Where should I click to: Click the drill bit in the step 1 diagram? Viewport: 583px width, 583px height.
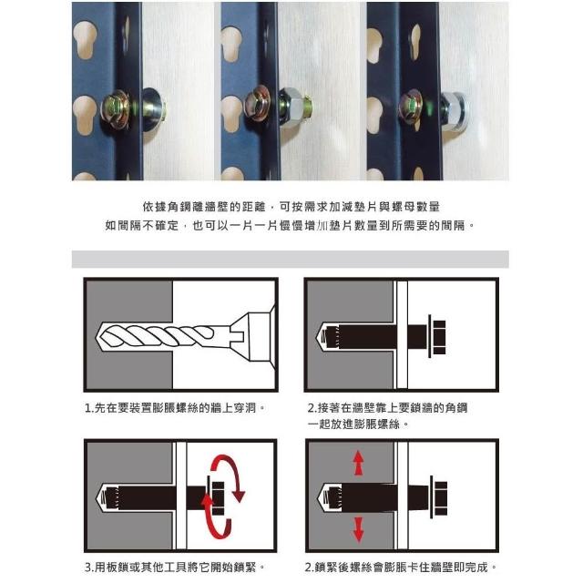[164, 336]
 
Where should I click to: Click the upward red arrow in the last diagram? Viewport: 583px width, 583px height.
[358, 463]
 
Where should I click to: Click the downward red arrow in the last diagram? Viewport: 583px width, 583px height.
[358, 528]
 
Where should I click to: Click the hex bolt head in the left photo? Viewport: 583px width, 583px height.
[116, 107]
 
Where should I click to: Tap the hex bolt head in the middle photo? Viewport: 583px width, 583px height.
[257, 103]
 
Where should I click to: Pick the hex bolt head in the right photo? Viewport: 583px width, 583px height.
[411, 106]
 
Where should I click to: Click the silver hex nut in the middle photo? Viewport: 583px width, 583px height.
[291, 107]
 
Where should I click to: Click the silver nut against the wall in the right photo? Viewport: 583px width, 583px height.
[453, 110]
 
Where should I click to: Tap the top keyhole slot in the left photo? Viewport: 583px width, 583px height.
[85, 39]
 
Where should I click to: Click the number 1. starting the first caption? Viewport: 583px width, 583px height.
[89, 408]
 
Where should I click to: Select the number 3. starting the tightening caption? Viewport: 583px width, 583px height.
[89, 568]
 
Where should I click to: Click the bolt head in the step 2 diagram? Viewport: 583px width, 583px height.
[439, 336]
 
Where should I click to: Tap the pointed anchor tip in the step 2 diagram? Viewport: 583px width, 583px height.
[321, 336]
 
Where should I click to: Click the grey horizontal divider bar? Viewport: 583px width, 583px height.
[291, 259]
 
